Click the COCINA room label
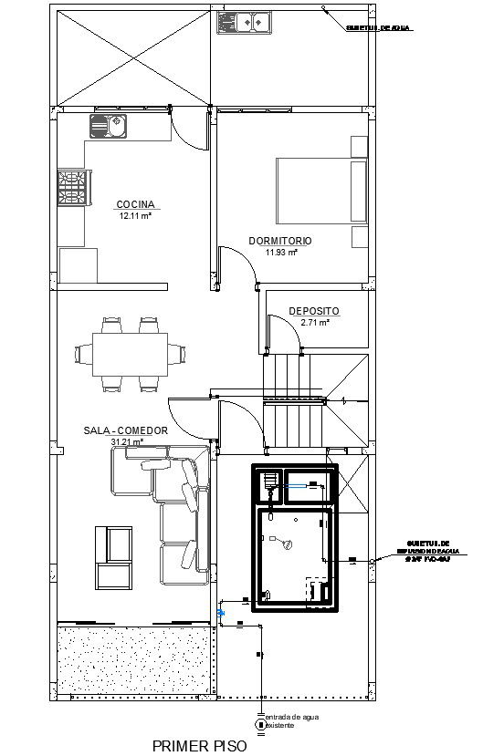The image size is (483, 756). [x=135, y=204]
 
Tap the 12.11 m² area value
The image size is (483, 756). [x=135, y=217]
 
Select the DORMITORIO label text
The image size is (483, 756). [x=280, y=241]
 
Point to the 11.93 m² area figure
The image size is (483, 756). [x=280, y=253]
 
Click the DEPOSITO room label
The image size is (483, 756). [x=314, y=311]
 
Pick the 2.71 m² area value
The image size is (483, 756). [x=314, y=323]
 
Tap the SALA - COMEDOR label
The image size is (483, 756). [x=126, y=430]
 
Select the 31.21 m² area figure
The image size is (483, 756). [x=126, y=442]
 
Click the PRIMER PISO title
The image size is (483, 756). [x=200, y=745]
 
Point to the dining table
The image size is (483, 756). [x=130, y=353]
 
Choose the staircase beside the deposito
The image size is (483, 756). [x=294, y=402]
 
